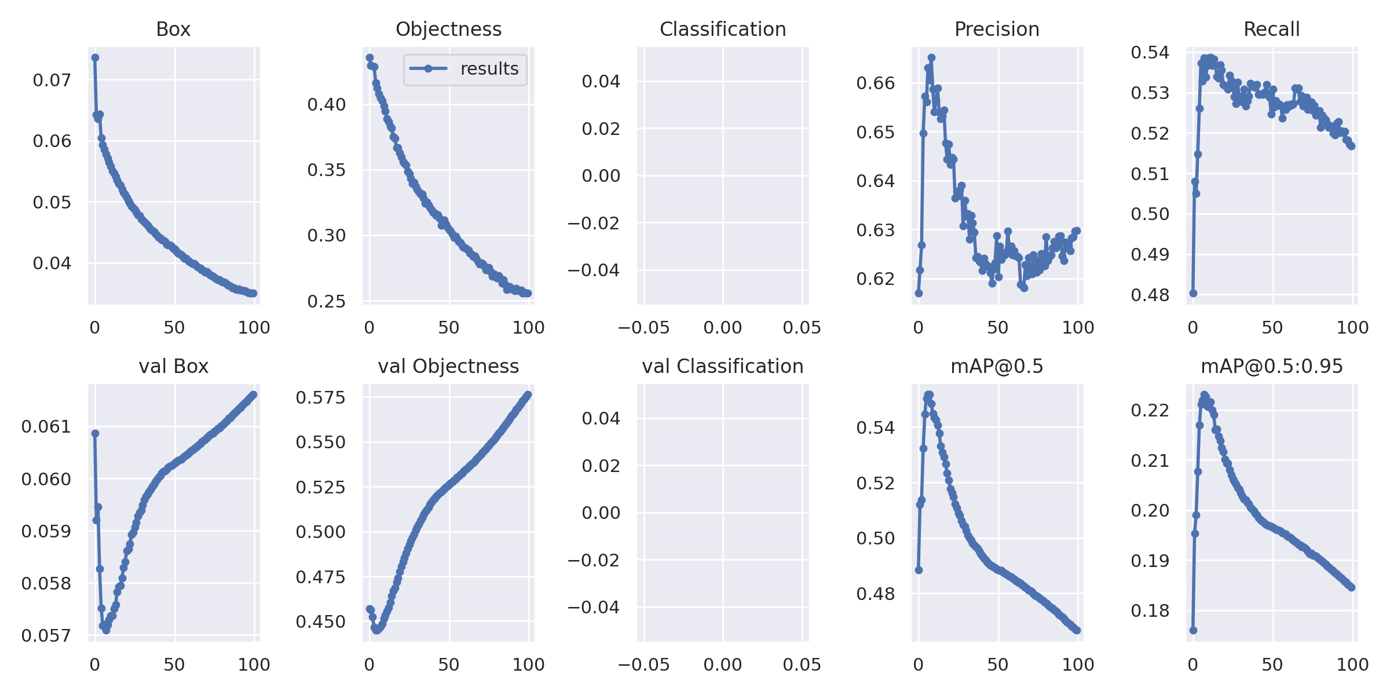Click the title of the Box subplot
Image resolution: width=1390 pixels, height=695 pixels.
(173, 29)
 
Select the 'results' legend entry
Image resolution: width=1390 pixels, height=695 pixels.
(464, 69)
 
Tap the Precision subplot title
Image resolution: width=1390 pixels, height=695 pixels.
(997, 29)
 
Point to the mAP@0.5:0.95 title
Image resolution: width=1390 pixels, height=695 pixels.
(1272, 366)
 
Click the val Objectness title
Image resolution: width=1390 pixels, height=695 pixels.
(448, 366)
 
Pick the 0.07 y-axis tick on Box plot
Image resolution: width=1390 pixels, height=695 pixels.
(52, 80)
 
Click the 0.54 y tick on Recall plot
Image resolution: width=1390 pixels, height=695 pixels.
(1150, 53)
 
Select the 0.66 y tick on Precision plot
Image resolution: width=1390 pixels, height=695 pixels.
(876, 83)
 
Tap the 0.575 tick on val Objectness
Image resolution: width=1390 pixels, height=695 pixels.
(320, 397)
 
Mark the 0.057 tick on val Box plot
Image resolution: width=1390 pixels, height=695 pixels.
(46, 636)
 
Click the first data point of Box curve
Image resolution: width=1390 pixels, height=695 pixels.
(95, 57)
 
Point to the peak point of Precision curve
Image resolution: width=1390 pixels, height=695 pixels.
(931, 57)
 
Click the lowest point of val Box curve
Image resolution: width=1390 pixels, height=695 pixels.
(106, 630)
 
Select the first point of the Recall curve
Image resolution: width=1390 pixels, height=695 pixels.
(1193, 293)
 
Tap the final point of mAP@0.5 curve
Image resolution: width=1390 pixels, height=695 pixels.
(1077, 630)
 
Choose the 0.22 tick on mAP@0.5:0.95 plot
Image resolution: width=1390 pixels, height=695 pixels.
(1150, 410)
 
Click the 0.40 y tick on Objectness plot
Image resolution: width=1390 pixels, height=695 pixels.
(327, 104)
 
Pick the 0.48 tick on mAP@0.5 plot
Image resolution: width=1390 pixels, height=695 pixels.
(876, 594)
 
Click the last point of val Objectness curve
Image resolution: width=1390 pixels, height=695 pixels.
(528, 394)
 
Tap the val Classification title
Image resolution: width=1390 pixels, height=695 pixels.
(723, 366)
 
